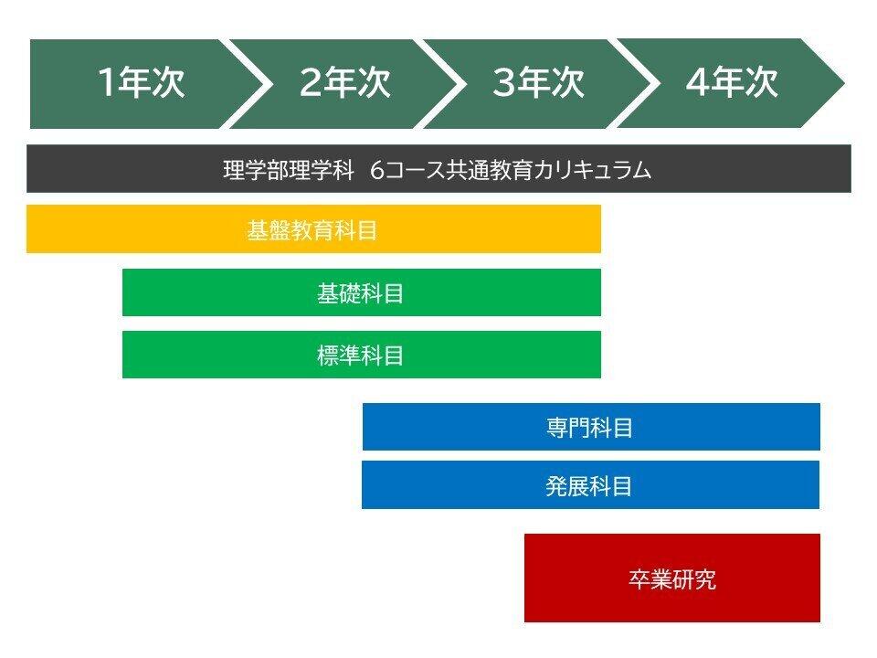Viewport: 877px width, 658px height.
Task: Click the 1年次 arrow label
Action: tap(141, 83)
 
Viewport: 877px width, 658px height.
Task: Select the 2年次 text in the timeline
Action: tap(344, 83)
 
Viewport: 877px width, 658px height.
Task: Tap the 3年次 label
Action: tap(539, 83)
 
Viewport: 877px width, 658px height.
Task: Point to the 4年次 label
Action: tap(732, 83)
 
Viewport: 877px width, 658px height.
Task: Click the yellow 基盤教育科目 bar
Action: tap(313, 228)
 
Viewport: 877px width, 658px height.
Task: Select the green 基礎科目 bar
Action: tap(362, 292)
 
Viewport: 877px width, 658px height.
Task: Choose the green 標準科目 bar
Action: tap(362, 355)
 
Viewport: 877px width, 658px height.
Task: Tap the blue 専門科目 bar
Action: tap(591, 427)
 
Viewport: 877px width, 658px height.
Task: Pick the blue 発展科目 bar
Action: tap(591, 485)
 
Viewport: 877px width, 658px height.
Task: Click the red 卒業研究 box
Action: tap(672, 578)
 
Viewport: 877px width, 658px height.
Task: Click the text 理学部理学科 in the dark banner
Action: tap(289, 170)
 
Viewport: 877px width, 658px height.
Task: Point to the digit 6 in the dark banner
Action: tap(377, 170)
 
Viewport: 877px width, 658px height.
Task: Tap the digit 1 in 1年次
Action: tap(106, 83)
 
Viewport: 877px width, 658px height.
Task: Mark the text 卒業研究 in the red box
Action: tap(672, 579)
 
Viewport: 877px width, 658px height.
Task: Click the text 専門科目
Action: tap(589, 428)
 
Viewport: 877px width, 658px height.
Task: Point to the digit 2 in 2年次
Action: tap(311, 83)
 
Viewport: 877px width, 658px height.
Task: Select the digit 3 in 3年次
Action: tap(504, 83)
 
